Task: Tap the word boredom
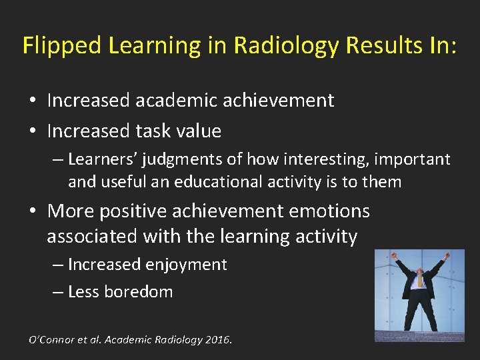coord(142,292)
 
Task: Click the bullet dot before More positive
coord(33,212)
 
